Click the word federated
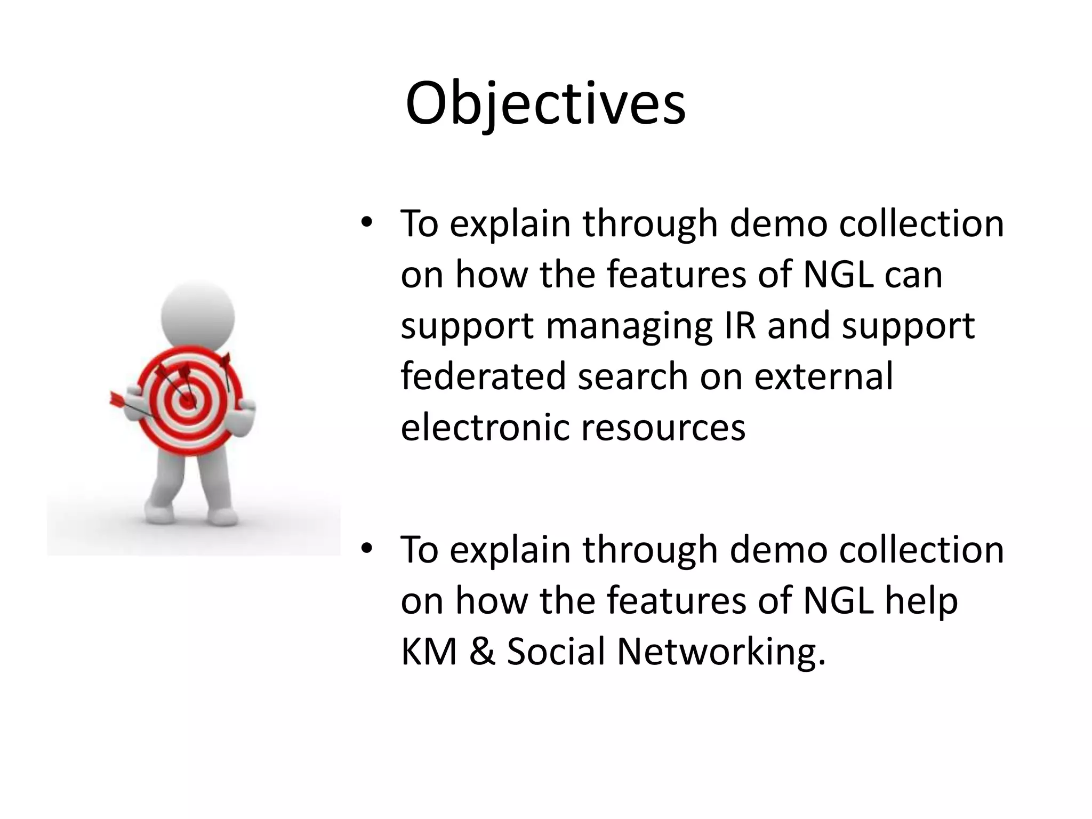point(483,376)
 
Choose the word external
point(823,376)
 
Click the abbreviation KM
point(429,652)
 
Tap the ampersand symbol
point(482,652)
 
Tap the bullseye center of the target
point(187,401)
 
